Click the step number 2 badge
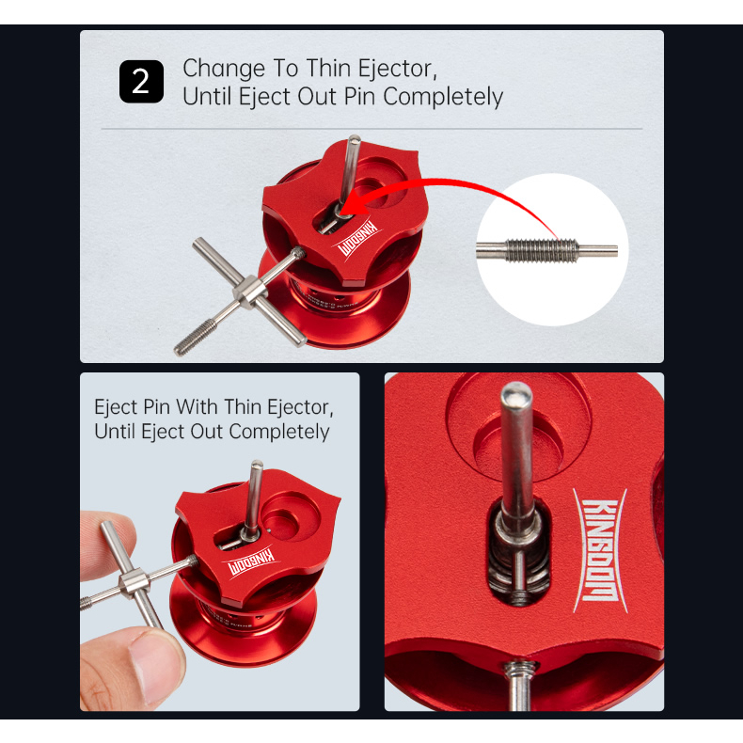point(141,82)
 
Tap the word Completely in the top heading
point(443,97)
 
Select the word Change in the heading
point(224,70)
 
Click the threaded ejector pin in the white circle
point(546,250)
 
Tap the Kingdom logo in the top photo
point(356,239)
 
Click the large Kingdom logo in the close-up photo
point(600,550)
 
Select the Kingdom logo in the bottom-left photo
point(251,562)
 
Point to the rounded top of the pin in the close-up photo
point(516,392)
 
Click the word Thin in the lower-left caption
point(244,407)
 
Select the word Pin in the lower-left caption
point(156,407)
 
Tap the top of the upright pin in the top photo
point(354,139)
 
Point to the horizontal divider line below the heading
point(371,129)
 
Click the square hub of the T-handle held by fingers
point(134,581)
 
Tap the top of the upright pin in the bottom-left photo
point(257,465)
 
